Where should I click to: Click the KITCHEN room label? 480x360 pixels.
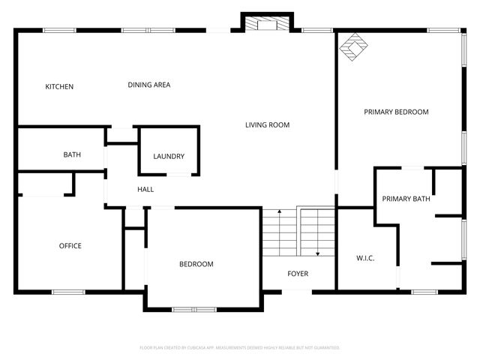[x=59, y=87]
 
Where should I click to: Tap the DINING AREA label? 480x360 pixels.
[x=149, y=85]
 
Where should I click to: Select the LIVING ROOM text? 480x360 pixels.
[x=267, y=125]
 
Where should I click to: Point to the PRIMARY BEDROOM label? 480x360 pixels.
[x=396, y=112]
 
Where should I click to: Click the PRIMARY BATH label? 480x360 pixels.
[x=406, y=199]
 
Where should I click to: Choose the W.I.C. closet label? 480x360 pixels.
[x=365, y=259]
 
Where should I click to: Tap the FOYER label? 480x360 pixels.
[x=298, y=274]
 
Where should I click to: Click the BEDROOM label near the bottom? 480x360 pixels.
[x=196, y=265]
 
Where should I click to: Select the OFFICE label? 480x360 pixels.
[x=70, y=246]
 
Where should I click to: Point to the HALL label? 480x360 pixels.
[x=145, y=190]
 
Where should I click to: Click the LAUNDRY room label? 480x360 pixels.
[x=169, y=157]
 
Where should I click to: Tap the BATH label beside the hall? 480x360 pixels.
[x=72, y=155]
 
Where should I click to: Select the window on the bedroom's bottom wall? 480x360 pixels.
[x=193, y=309]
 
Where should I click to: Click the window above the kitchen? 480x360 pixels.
[x=59, y=30]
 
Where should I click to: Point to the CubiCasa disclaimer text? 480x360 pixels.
[x=240, y=348]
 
